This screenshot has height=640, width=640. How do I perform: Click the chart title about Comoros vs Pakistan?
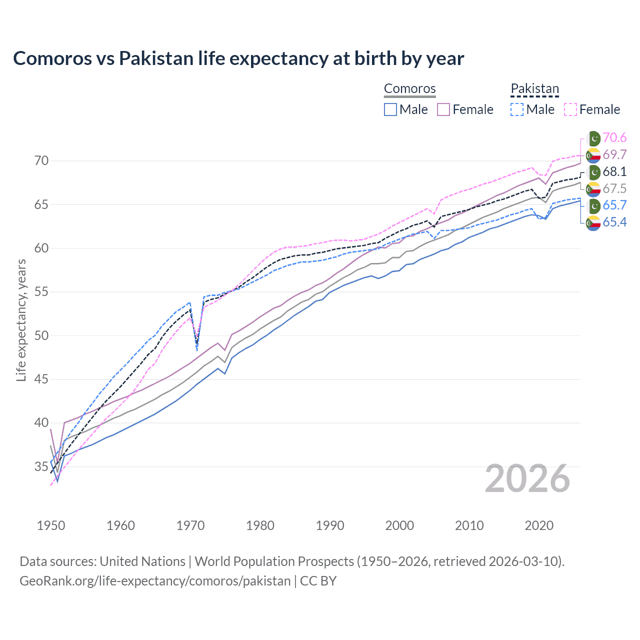tap(238, 58)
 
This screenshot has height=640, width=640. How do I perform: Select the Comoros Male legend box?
tap(390, 109)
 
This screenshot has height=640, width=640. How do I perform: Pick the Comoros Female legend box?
tap(443, 109)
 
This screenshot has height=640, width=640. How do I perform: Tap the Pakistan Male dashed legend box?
tap(517, 109)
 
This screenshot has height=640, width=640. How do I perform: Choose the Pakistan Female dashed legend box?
tap(570, 109)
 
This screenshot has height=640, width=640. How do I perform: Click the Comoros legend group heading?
tap(409, 89)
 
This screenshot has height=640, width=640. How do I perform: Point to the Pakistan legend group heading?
tap(534, 89)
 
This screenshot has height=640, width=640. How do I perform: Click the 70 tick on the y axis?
tap(42, 161)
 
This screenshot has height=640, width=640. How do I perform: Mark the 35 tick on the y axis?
tap(42, 466)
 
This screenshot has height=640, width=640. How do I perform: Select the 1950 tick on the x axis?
tap(51, 525)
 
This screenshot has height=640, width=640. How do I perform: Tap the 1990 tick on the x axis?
tap(330, 525)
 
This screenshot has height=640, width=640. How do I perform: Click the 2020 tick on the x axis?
tap(539, 525)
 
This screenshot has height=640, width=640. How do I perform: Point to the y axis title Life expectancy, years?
tap(21, 320)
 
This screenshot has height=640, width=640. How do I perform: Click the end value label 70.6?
tap(614, 138)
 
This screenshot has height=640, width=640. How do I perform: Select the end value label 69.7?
tap(614, 155)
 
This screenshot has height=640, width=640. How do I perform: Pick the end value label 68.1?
tap(614, 172)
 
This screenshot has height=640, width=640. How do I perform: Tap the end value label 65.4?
tap(614, 222)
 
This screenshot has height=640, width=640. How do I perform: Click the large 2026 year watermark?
tap(527, 479)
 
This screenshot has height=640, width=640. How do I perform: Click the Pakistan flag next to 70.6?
tap(593, 138)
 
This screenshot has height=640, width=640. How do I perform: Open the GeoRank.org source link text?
tap(155, 581)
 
